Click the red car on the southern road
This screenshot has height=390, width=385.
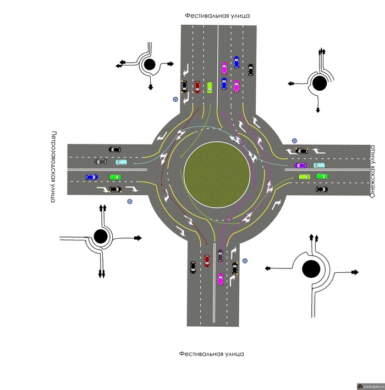pos(207,261)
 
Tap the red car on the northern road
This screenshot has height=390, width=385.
pos(197,87)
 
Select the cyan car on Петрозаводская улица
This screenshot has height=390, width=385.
pos(121,162)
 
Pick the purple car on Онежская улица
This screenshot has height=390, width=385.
pos(300,165)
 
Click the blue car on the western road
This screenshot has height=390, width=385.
pos(91,177)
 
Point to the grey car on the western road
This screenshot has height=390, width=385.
pos(101,162)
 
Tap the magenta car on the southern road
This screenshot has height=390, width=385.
pos(221,279)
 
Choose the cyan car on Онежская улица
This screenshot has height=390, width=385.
pos(320,164)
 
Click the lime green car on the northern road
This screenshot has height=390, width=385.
pos(210,87)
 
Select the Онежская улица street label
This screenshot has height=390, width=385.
pos(372,171)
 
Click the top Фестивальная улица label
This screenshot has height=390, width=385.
pos(217,16)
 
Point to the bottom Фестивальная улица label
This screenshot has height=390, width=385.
pos(211,354)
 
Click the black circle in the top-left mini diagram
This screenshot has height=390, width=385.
pos(149,65)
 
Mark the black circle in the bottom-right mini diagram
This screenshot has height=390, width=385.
pos(311,269)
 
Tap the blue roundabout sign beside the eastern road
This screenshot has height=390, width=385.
pos(294,141)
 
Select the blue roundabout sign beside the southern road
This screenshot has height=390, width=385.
pos(245,260)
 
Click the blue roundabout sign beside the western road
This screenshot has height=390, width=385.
pos(129,202)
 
